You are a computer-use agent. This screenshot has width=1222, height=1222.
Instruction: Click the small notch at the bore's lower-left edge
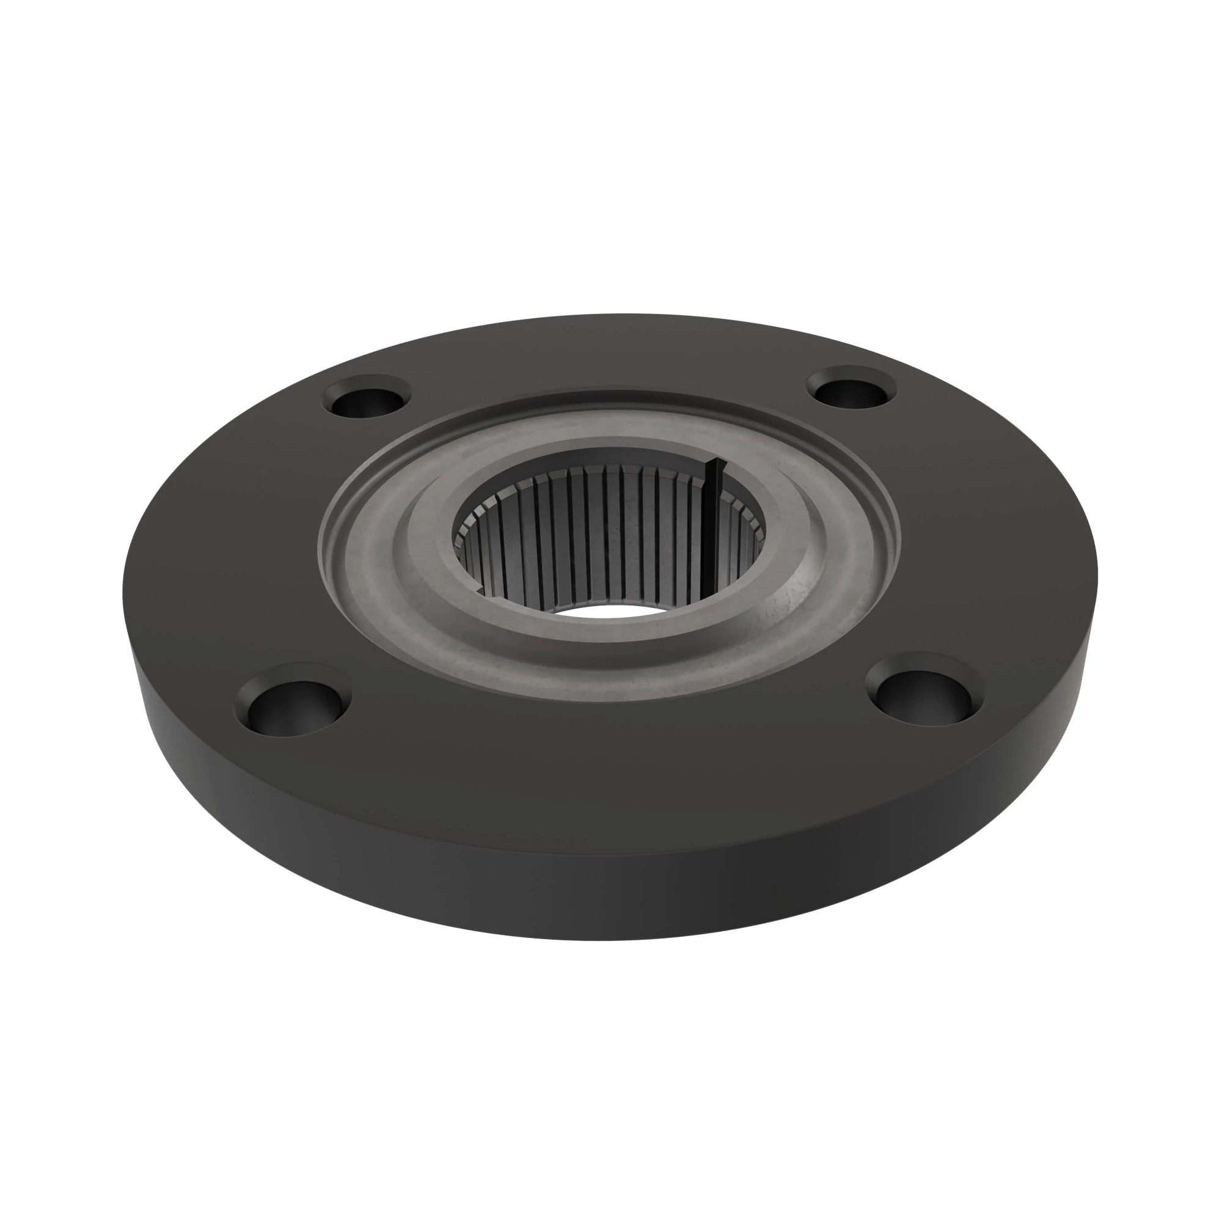(479, 590)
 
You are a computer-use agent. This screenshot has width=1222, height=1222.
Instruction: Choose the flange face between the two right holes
(987, 538)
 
